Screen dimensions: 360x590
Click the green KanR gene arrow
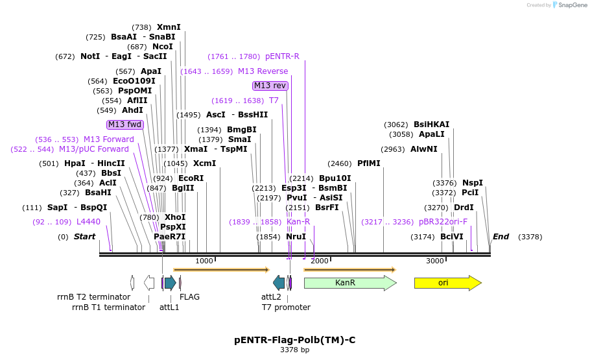[349, 283]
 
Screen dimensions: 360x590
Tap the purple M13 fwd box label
[125, 125]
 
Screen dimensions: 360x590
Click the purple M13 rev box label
[270, 86]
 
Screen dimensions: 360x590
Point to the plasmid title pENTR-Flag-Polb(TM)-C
[295, 340]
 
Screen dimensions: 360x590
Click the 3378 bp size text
[295, 350]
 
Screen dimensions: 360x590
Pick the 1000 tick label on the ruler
[204, 261]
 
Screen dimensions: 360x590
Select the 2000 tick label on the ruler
[320, 261]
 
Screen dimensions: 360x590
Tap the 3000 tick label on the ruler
[435, 261]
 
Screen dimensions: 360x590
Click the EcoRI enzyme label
[191, 178]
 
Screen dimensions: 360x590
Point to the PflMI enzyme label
[369, 163]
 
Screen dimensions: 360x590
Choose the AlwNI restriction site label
[424, 149]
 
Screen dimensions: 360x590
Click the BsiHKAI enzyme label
[431, 125]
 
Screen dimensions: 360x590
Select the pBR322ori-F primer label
[443, 222]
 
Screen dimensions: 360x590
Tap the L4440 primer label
[88, 222]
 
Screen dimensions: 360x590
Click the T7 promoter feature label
[286, 307]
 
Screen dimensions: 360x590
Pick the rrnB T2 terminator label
[93, 297]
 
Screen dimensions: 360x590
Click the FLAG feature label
[189, 297]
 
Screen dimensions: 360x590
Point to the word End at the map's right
[501, 237]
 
